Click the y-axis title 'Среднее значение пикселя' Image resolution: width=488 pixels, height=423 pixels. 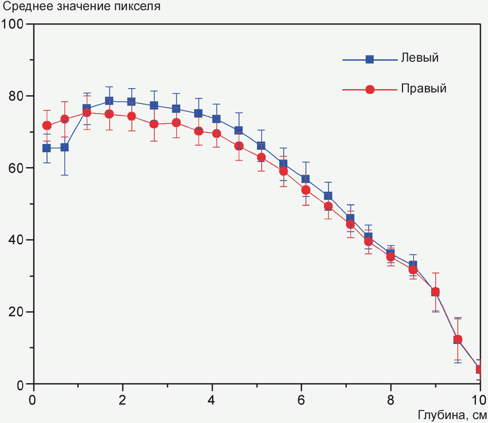(x=82, y=6)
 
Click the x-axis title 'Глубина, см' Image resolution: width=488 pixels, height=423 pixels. (x=453, y=415)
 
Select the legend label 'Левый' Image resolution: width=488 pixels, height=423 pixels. (x=420, y=58)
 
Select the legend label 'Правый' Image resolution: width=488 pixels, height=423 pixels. (x=424, y=89)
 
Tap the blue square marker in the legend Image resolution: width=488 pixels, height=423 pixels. (x=370, y=59)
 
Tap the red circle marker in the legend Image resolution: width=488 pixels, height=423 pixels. (x=370, y=89)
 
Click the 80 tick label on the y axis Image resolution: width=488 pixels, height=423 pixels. (x=16, y=96)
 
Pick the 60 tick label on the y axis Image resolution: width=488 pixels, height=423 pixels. (x=16, y=168)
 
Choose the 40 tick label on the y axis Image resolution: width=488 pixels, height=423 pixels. (x=16, y=240)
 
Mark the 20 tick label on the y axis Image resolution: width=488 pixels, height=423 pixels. (x=16, y=312)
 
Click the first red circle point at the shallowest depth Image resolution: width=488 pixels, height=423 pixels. (x=47, y=126)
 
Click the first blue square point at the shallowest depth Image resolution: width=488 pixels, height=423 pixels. (x=47, y=149)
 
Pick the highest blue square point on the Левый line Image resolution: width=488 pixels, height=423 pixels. (x=109, y=101)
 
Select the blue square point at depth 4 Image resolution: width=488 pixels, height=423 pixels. (x=216, y=119)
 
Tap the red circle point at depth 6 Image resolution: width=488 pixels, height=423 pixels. (x=306, y=190)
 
